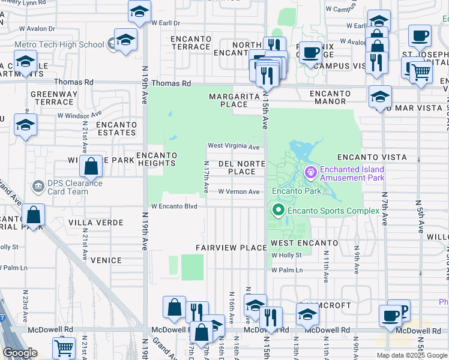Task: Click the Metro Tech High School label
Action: (59, 44)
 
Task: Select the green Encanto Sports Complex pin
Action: (278, 210)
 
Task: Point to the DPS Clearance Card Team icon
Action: (39, 187)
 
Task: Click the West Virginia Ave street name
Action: (234, 146)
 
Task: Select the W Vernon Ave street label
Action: (238, 191)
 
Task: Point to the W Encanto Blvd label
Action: (174, 206)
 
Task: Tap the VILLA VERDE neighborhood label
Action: (95, 223)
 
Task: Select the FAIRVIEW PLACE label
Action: (231, 248)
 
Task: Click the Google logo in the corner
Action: (20, 353)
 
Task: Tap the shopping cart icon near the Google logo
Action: (64, 347)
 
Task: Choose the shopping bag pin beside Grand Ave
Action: (35, 215)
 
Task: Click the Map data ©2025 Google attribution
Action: (412, 355)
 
